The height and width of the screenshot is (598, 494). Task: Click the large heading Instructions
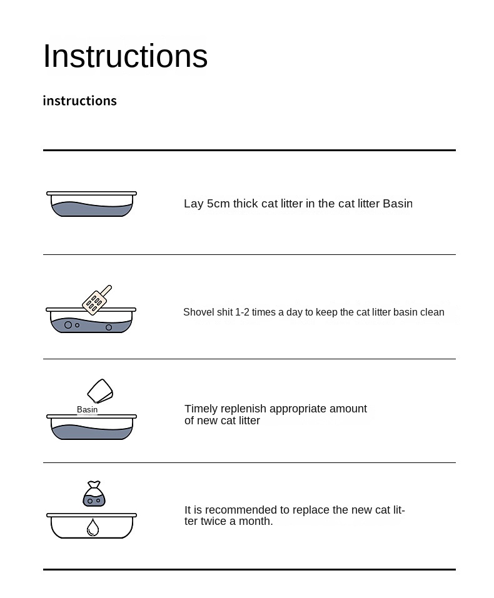tap(125, 56)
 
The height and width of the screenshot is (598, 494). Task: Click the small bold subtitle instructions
tap(80, 101)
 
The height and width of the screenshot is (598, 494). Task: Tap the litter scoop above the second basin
tap(97, 300)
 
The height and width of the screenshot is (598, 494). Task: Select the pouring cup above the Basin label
tap(100, 391)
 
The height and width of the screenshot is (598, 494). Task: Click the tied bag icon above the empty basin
tap(94, 494)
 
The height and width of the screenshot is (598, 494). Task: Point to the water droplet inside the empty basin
tap(93, 527)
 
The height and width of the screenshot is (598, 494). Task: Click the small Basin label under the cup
tap(87, 409)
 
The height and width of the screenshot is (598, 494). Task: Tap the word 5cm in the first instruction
tap(218, 204)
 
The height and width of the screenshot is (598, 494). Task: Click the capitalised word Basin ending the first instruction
tap(398, 204)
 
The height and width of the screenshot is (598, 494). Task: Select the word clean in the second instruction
tap(432, 312)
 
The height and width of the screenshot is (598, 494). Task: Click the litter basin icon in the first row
tap(92, 204)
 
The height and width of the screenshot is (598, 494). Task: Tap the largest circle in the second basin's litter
tap(68, 325)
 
